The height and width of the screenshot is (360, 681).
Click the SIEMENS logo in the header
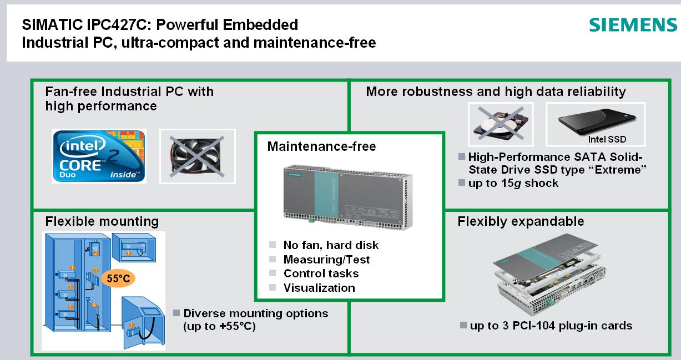point(632,26)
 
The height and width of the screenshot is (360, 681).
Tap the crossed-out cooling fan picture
point(197,156)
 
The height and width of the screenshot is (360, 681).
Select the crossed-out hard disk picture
point(500,125)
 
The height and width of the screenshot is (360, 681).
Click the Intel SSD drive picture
point(595,125)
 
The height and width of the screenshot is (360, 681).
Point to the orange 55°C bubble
point(118,278)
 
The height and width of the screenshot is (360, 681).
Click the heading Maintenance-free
point(321,146)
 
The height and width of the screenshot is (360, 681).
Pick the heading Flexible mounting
point(102,221)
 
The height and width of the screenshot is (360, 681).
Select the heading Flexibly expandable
point(521,221)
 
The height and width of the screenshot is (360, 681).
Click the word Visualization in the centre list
point(319,287)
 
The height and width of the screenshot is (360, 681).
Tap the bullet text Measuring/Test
point(326,259)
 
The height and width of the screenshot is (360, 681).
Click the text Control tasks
point(321,273)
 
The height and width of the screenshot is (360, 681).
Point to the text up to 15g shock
point(513,183)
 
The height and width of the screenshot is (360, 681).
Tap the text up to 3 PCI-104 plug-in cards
point(551,326)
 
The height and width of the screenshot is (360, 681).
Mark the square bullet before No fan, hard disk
point(272,245)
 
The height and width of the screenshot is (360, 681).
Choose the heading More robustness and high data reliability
point(496,91)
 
